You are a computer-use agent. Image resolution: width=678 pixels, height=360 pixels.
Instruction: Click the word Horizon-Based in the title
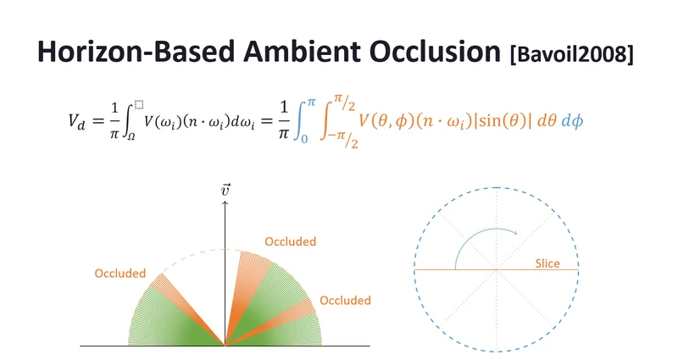pos(136,52)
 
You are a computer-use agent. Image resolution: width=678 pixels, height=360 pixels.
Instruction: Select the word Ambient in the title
pos(302,52)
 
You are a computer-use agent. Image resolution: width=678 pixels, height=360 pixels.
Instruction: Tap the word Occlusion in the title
pos(435,52)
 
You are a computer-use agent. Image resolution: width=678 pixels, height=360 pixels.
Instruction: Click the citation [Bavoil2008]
pos(571,54)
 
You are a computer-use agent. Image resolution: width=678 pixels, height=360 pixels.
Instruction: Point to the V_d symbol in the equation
pos(76,121)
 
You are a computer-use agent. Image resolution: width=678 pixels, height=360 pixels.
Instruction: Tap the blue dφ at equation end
pos(572,121)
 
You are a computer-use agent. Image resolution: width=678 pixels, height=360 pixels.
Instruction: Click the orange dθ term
pos(547,121)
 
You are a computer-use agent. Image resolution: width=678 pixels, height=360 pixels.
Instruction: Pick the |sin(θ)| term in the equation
pos(503,121)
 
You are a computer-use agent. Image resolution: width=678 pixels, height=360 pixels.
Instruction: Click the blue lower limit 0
pos(304,139)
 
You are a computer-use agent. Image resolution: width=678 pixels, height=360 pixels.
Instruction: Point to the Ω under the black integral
pos(131,137)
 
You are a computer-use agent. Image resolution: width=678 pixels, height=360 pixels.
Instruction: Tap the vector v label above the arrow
pos(225,190)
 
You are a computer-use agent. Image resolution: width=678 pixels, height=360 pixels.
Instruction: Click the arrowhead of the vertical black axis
pos(225,203)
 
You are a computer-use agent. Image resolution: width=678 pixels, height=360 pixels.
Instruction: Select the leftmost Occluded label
pos(119,273)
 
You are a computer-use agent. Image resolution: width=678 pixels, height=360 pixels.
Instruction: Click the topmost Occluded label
pos(290,241)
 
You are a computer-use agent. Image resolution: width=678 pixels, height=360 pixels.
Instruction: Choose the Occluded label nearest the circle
pos(345,301)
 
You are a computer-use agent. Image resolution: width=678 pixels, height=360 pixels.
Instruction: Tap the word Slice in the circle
pos(547,263)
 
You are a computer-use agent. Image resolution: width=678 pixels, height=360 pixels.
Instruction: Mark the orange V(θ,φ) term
pos(386,121)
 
